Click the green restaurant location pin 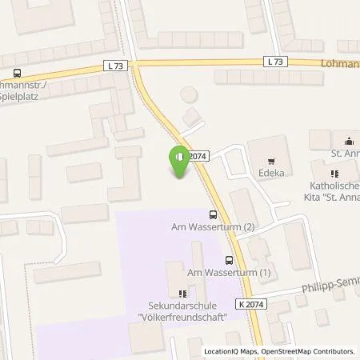pyautogui.click(x=180, y=158)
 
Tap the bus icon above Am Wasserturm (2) pyautogui.click(x=212, y=214)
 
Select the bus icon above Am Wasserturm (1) pyautogui.click(x=230, y=260)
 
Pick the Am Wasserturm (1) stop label pyautogui.click(x=228, y=273)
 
